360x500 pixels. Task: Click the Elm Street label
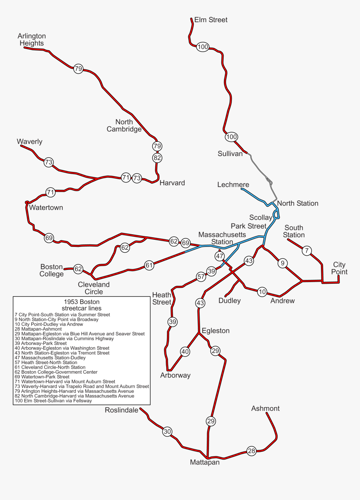point(211,20)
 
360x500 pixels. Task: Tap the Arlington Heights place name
point(32,40)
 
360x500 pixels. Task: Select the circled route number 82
point(157,158)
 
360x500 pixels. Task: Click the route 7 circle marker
point(307,251)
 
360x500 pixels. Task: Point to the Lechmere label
point(233,185)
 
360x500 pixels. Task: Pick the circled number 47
point(220,256)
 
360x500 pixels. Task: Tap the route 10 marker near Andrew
point(262,292)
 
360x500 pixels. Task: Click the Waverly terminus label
point(29,142)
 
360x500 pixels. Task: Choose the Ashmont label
point(265,408)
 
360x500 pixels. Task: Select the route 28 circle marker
point(251,451)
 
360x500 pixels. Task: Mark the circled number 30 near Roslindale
point(167,431)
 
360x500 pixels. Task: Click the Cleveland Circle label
point(94,288)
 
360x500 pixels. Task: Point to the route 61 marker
point(149,265)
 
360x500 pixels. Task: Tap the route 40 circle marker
point(185,352)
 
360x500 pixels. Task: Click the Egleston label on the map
point(216,331)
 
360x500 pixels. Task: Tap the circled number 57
point(201,277)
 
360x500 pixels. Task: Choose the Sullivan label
point(230,154)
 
